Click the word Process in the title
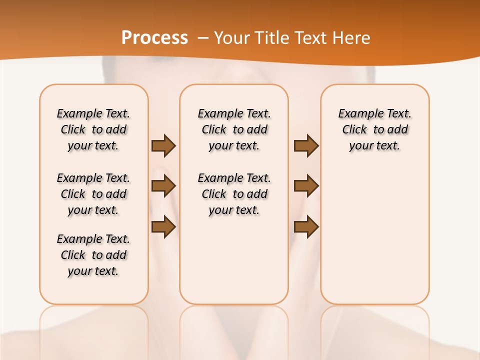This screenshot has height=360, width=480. click(154, 37)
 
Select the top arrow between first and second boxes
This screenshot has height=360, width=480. click(163, 146)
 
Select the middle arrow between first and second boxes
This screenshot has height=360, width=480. click(163, 186)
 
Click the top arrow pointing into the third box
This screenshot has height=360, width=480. click(306, 146)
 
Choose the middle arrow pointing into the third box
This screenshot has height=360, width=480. click(306, 186)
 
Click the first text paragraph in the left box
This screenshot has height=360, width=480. click(93, 129)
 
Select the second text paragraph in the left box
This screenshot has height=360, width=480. click(93, 194)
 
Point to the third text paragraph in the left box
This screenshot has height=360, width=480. click(93, 255)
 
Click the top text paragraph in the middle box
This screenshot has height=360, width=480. click(234, 129)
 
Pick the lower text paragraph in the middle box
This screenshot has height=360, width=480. click(234, 194)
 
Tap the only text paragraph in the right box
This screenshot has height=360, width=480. click(374, 129)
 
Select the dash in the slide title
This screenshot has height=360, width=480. click(203, 38)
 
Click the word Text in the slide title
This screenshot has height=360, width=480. click(310, 38)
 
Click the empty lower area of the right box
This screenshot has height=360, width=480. click(374, 240)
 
